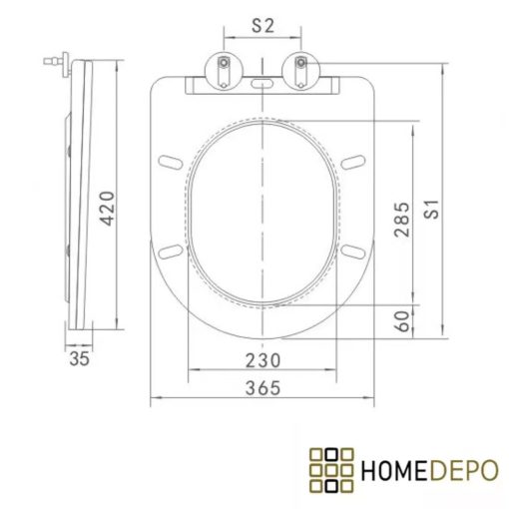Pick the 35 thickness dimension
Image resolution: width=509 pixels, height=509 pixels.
pos(79,358)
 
